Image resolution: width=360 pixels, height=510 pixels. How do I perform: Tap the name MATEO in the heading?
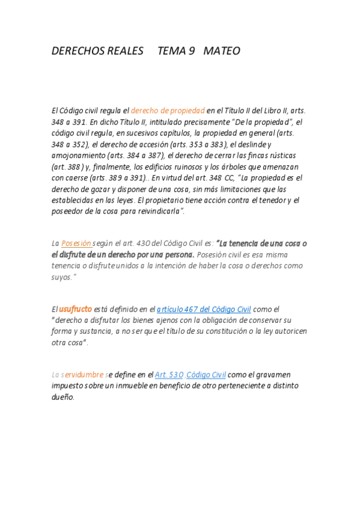[222, 51]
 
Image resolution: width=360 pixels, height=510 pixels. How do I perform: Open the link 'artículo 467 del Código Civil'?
[204, 309]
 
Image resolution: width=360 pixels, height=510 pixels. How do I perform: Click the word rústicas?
[280, 155]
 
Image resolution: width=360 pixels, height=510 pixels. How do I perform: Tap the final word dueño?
[63, 397]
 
